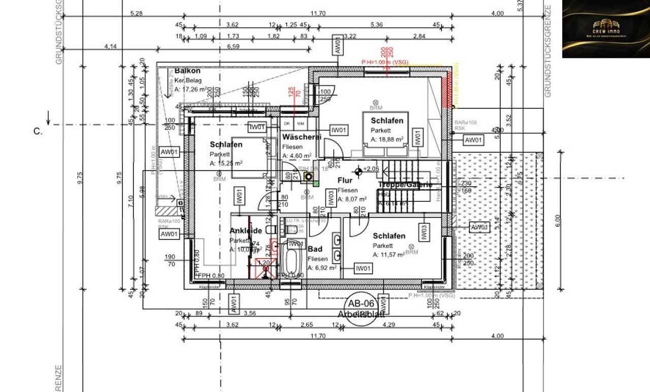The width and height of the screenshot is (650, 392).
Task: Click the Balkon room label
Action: [187, 71]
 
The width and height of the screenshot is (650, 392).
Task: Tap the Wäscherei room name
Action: [302, 137]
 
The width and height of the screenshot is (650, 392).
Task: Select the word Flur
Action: [345, 180]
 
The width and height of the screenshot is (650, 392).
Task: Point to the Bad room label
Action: [315, 249]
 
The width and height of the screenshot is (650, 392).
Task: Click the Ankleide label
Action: [246, 231]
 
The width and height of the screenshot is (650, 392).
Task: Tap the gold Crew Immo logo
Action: [605, 29]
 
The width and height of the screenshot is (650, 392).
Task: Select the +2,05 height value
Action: [371, 169]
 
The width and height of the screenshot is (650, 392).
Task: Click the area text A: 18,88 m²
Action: [387, 139]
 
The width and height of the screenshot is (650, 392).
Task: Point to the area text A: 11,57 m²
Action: [388, 255]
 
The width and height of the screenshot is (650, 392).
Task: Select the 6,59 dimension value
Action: [233, 46]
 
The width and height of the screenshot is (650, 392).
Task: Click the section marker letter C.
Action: [38, 131]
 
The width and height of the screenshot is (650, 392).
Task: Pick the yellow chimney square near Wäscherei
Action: [308, 176]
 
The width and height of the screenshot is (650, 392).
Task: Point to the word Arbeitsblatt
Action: [361, 315]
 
